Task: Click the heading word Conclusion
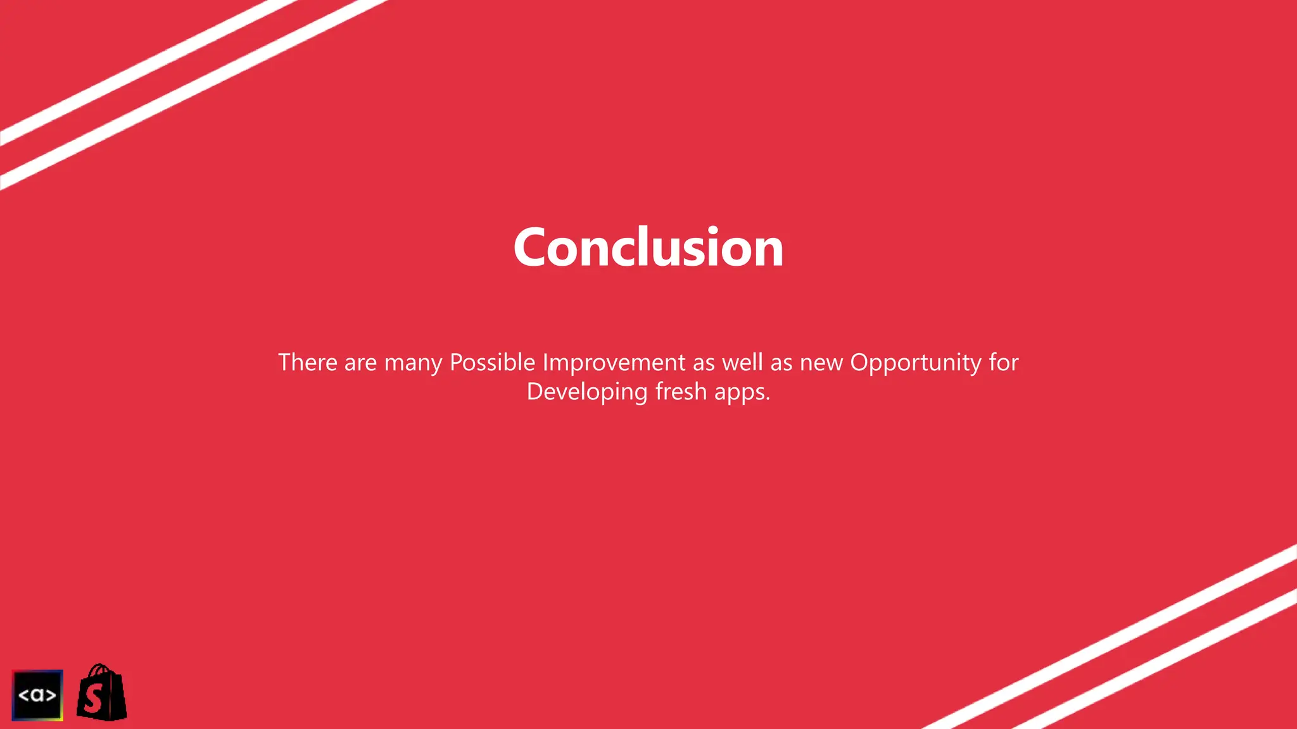tap(648, 247)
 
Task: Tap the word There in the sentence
tap(308, 363)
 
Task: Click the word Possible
tap(492, 363)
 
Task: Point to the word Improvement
tap(614, 363)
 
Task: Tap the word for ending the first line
tap(1003, 363)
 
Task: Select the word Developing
tap(587, 392)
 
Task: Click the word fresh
tap(681, 392)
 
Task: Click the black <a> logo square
tap(37, 695)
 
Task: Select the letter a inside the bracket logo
tap(37, 695)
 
